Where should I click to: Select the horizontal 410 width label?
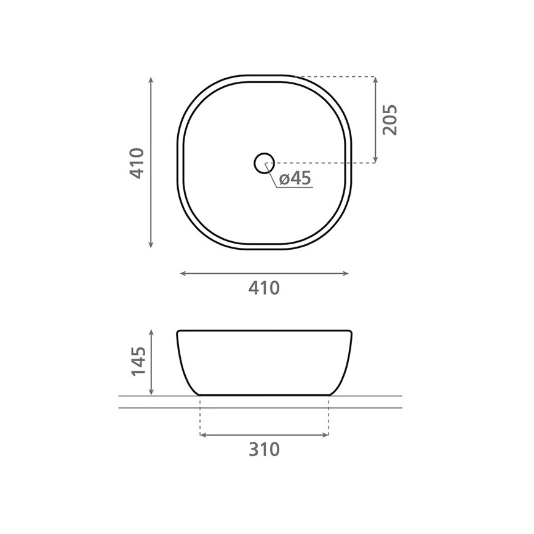pyautogui.click(x=265, y=287)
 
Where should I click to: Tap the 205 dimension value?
pyautogui.click(x=389, y=120)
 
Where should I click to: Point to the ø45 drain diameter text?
pyautogui.click(x=295, y=178)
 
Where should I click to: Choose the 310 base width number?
pyautogui.click(x=265, y=449)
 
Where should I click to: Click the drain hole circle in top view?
pyautogui.click(x=264, y=163)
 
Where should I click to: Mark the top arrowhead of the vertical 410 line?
pyautogui.click(x=151, y=80)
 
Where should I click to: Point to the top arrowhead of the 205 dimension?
pyautogui.click(x=375, y=81)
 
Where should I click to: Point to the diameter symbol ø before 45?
pyautogui.click(x=284, y=179)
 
